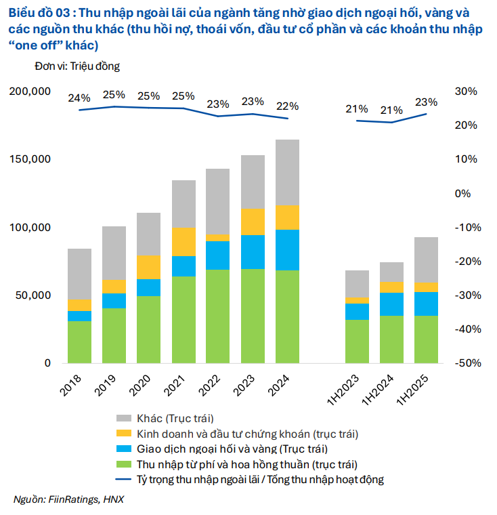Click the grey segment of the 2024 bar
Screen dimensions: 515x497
pos(287,172)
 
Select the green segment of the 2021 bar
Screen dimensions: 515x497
pos(183,319)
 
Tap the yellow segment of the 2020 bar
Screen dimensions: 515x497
pos(148,267)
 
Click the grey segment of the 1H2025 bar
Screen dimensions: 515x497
pos(426,260)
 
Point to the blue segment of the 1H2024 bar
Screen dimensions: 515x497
pos(391,304)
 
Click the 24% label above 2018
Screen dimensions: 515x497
pos(79,98)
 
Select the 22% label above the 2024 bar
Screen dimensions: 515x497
pos(287,106)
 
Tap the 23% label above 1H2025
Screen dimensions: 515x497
pos(426,102)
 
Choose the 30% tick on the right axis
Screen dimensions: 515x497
pos(467,91)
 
